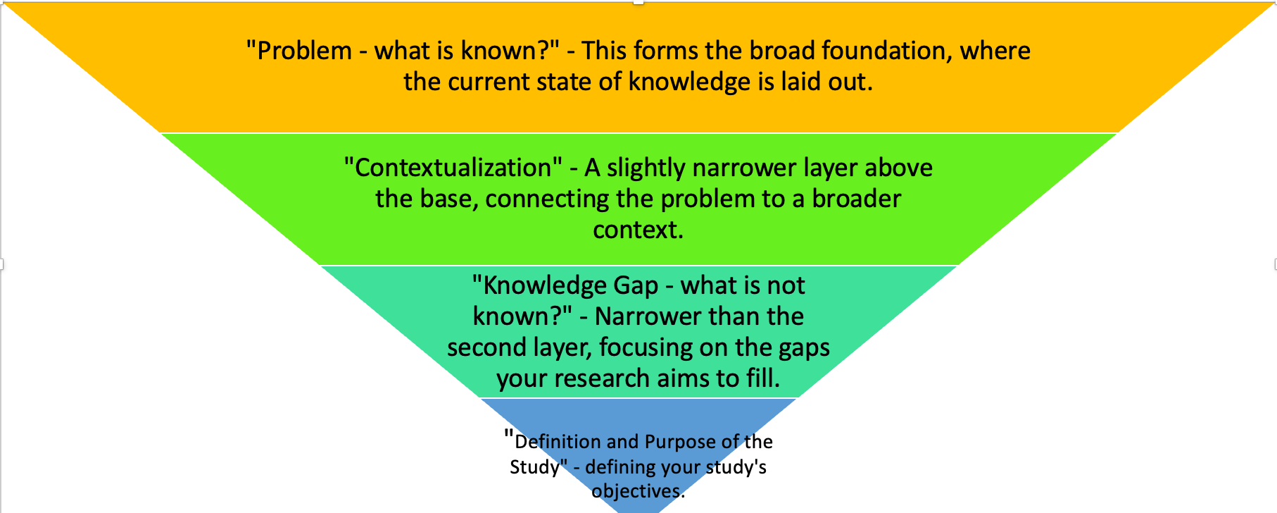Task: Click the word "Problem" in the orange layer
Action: point(304,51)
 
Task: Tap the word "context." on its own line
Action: point(638,230)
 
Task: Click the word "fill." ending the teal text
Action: point(763,379)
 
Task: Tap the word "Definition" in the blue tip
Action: point(558,443)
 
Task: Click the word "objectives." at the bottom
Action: point(638,491)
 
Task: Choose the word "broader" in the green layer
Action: point(856,199)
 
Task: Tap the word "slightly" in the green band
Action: point(646,168)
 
